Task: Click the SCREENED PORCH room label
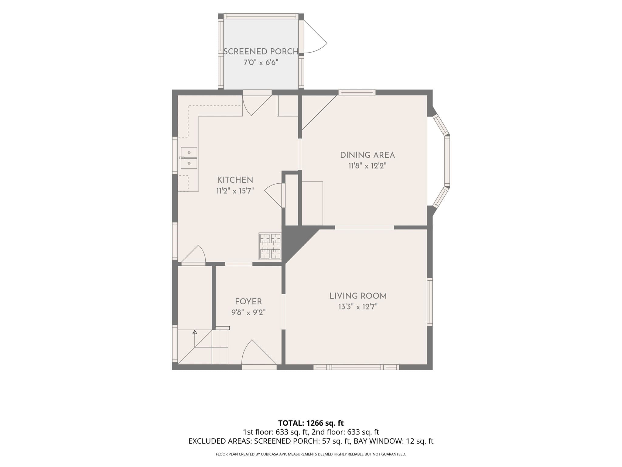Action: tap(261, 52)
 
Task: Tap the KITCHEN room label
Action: tap(235, 180)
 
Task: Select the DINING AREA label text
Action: tap(367, 155)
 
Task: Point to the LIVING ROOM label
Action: tap(358, 296)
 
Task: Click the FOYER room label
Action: tap(248, 302)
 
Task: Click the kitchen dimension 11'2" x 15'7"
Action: tap(235, 191)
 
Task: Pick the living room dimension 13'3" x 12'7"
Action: tap(358, 307)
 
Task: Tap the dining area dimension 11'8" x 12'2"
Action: tap(367, 166)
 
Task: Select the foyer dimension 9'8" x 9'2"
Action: tap(248, 313)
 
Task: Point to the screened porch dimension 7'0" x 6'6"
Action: tap(261, 63)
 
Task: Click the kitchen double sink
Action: tap(189, 158)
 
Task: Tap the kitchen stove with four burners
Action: tap(270, 246)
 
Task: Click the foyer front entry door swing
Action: tap(259, 353)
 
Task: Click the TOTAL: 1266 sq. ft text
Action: tap(311, 423)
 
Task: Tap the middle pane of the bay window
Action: tap(447, 161)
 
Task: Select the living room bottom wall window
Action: tap(356, 367)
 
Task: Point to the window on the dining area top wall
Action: tap(357, 92)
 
